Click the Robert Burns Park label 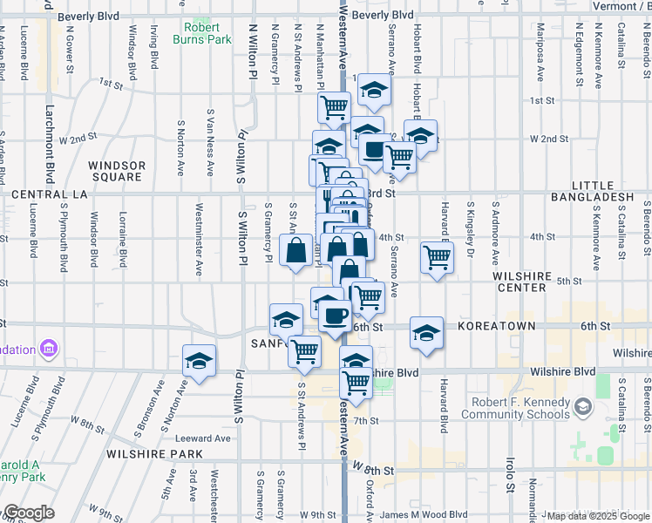tap(207, 33)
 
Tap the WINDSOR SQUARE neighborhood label tap(115, 171)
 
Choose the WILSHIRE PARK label tap(153, 454)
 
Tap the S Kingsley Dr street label tap(471, 233)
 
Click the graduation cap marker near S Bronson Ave tap(199, 361)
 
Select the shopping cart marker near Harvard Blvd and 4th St tap(436, 258)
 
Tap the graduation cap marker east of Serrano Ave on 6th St tap(425, 332)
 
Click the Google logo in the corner tap(28, 513)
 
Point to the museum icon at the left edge tap(48, 350)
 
